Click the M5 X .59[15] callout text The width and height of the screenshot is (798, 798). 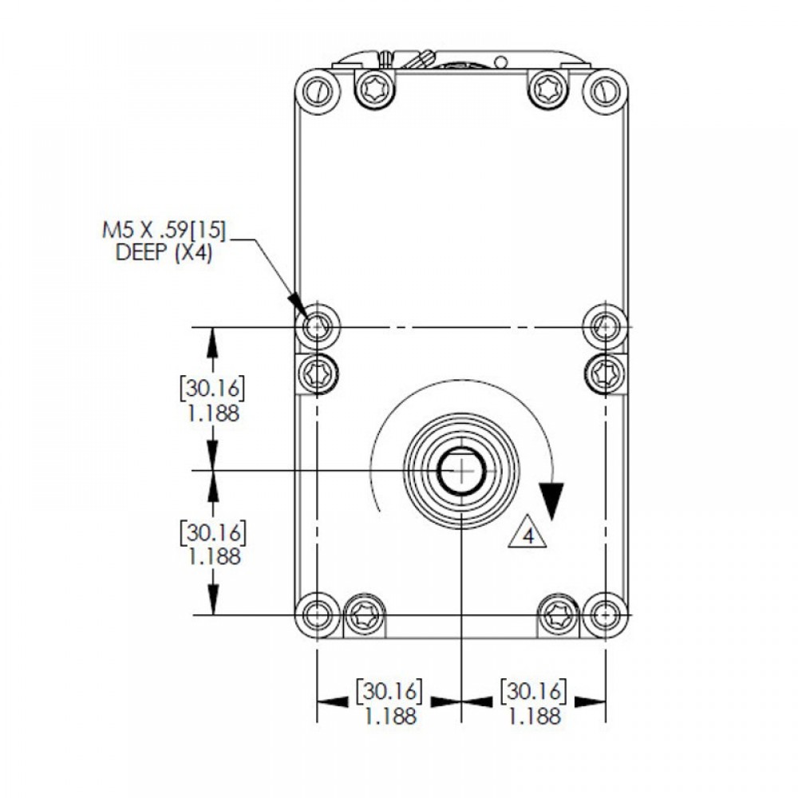164,231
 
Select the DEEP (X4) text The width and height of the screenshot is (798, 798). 164,252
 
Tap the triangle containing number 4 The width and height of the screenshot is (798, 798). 527,532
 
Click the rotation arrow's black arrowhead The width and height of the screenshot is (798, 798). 551,501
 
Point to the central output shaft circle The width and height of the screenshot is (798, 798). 461,472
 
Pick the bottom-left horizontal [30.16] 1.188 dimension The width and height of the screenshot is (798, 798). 390,701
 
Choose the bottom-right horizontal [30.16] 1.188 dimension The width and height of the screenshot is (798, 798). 533,701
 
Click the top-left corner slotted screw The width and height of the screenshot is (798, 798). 318,92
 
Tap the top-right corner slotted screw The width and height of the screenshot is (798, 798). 605,92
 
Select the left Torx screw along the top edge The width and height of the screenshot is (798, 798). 376,89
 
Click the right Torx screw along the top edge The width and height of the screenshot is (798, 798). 547,89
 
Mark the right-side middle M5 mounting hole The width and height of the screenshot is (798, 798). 605,325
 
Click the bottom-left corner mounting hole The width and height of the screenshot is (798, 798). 317,614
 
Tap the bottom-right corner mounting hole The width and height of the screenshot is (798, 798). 605,614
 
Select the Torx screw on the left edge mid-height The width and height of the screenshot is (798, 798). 317,374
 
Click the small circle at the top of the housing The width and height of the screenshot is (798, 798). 501,62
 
